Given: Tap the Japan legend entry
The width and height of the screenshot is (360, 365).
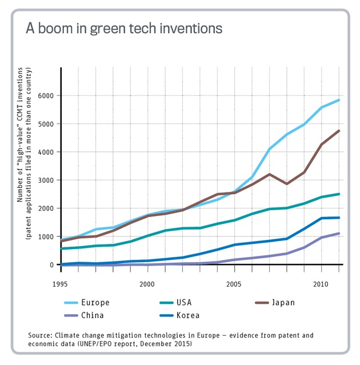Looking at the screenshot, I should tap(284, 302).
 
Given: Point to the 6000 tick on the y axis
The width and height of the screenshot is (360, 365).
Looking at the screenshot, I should tap(46, 96).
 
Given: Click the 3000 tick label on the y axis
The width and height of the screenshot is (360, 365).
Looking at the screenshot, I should tap(46, 181).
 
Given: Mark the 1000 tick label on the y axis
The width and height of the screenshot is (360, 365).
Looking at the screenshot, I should tap(46, 236).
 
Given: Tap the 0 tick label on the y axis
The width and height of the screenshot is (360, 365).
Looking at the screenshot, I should tap(52, 265).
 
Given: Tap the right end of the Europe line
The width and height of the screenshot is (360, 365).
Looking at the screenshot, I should tap(339, 100).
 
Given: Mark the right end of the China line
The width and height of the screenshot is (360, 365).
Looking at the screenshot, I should tap(339, 233).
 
